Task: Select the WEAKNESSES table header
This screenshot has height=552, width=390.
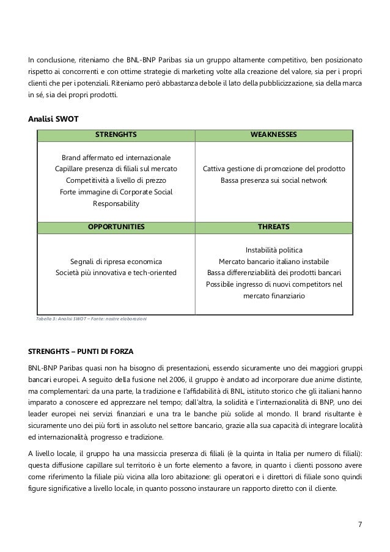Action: pos(274,133)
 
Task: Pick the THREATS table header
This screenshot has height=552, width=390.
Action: pos(274,227)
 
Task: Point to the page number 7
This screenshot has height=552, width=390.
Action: pos(359,525)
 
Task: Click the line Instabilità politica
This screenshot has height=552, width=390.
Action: pos(274,249)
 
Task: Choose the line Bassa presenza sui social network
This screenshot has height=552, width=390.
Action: pos(274,180)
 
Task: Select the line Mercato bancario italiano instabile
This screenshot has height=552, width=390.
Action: pos(274,261)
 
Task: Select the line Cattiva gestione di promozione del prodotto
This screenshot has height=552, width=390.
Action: pos(274,169)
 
